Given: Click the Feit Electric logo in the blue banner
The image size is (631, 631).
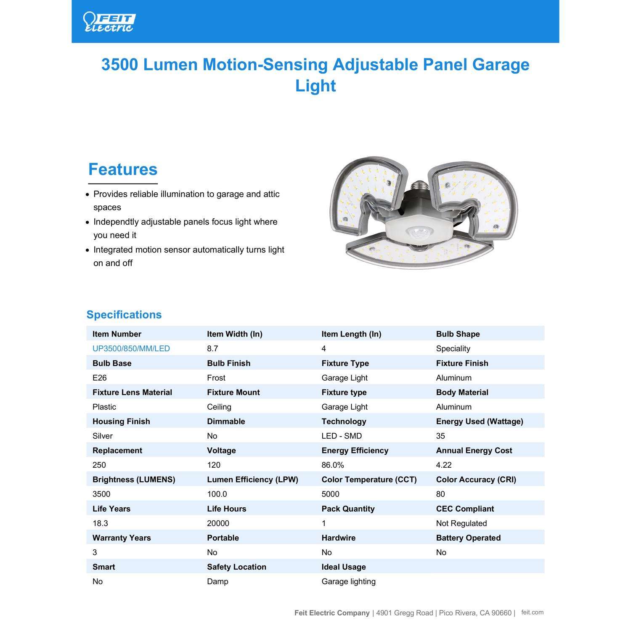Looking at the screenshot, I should (x=109, y=22).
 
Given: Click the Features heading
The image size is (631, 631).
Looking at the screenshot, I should (x=122, y=169).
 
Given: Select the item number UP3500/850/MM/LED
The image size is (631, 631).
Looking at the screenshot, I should (x=131, y=349).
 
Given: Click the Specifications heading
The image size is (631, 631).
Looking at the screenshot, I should (x=124, y=315).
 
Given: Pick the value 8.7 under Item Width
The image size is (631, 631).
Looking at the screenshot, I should (x=212, y=349).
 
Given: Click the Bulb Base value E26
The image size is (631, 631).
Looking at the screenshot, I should (x=99, y=378).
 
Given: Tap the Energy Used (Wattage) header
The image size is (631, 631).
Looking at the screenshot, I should (x=479, y=422).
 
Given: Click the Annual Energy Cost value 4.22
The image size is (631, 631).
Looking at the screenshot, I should (x=444, y=465).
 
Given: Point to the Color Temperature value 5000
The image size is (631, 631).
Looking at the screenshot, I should (x=330, y=494).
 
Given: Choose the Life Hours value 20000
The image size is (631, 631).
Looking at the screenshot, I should (x=218, y=523).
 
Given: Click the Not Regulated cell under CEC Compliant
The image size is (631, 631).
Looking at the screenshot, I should (x=461, y=523).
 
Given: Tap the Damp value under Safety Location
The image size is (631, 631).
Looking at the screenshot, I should (x=217, y=581).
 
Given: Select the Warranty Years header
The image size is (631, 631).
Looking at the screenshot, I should (x=121, y=538).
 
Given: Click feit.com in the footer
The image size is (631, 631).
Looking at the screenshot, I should (x=532, y=612).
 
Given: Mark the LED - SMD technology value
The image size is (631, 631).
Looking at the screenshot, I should (x=341, y=436).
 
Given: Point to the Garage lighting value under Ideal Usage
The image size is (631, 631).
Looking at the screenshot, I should (x=348, y=581).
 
